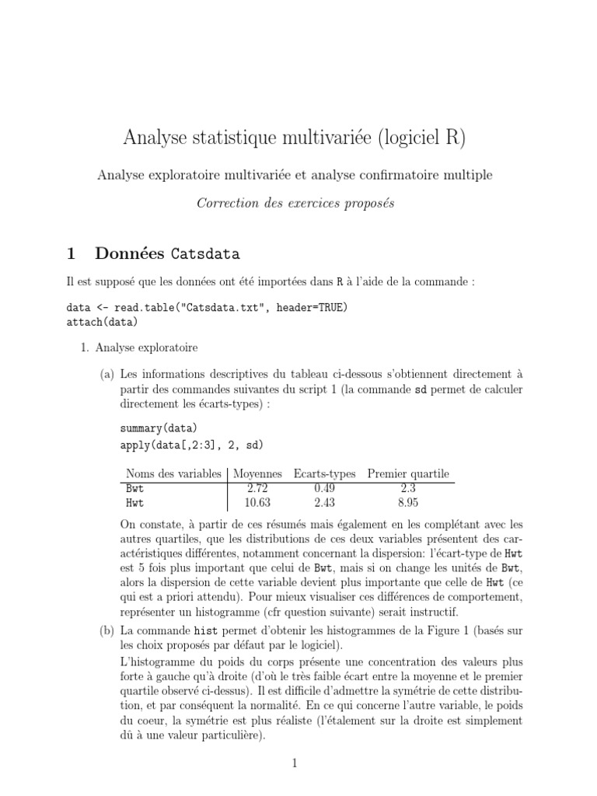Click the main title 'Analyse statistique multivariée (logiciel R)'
point(295,138)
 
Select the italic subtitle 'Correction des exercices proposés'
point(295,203)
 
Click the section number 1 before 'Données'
point(72,253)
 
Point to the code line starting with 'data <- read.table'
point(207,307)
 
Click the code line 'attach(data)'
point(102,321)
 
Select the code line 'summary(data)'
point(159,428)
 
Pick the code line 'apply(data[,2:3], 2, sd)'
point(192,445)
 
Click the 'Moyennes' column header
point(258,474)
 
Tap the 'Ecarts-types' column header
point(324,474)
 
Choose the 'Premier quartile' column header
point(408,474)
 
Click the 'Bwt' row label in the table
point(135,489)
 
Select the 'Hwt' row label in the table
point(135,503)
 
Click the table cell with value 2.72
point(257,489)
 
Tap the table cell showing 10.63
point(257,503)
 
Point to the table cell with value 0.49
point(324,489)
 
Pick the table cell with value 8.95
point(408,503)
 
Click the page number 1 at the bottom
point(295,763)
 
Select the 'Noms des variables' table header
point(173,474)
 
